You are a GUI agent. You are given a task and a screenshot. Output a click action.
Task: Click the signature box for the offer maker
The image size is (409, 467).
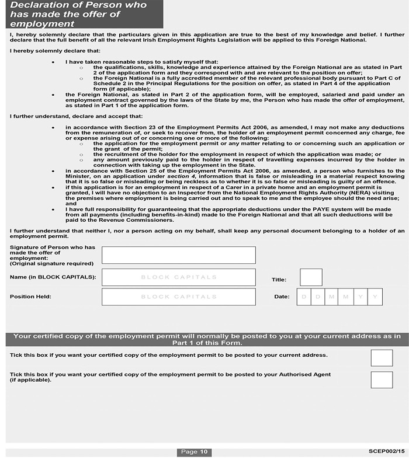pos(178,255)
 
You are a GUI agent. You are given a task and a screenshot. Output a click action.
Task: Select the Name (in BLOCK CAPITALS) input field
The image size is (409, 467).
pos(178,277)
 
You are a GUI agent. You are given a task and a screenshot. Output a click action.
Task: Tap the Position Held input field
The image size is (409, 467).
pos(178,297)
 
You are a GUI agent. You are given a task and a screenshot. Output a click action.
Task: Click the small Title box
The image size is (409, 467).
pos(311,277)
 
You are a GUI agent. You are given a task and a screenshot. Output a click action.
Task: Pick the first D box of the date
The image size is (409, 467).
pos(304,297)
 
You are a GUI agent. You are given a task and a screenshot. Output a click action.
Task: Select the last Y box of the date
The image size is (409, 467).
pos(375,297)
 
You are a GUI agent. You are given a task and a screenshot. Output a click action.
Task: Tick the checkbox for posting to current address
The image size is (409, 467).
pos(382,358)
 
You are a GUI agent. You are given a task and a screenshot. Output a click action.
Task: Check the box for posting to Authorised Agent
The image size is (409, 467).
pos(382,379)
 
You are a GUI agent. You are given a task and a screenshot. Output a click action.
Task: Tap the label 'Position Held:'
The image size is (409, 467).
pos(30,297)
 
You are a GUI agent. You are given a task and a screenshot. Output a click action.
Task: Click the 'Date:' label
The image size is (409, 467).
pos(282,297)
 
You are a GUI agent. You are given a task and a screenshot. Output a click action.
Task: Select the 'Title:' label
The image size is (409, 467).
pos(279,280)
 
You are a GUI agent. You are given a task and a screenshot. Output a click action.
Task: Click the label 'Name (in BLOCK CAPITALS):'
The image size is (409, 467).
pos(53,277)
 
